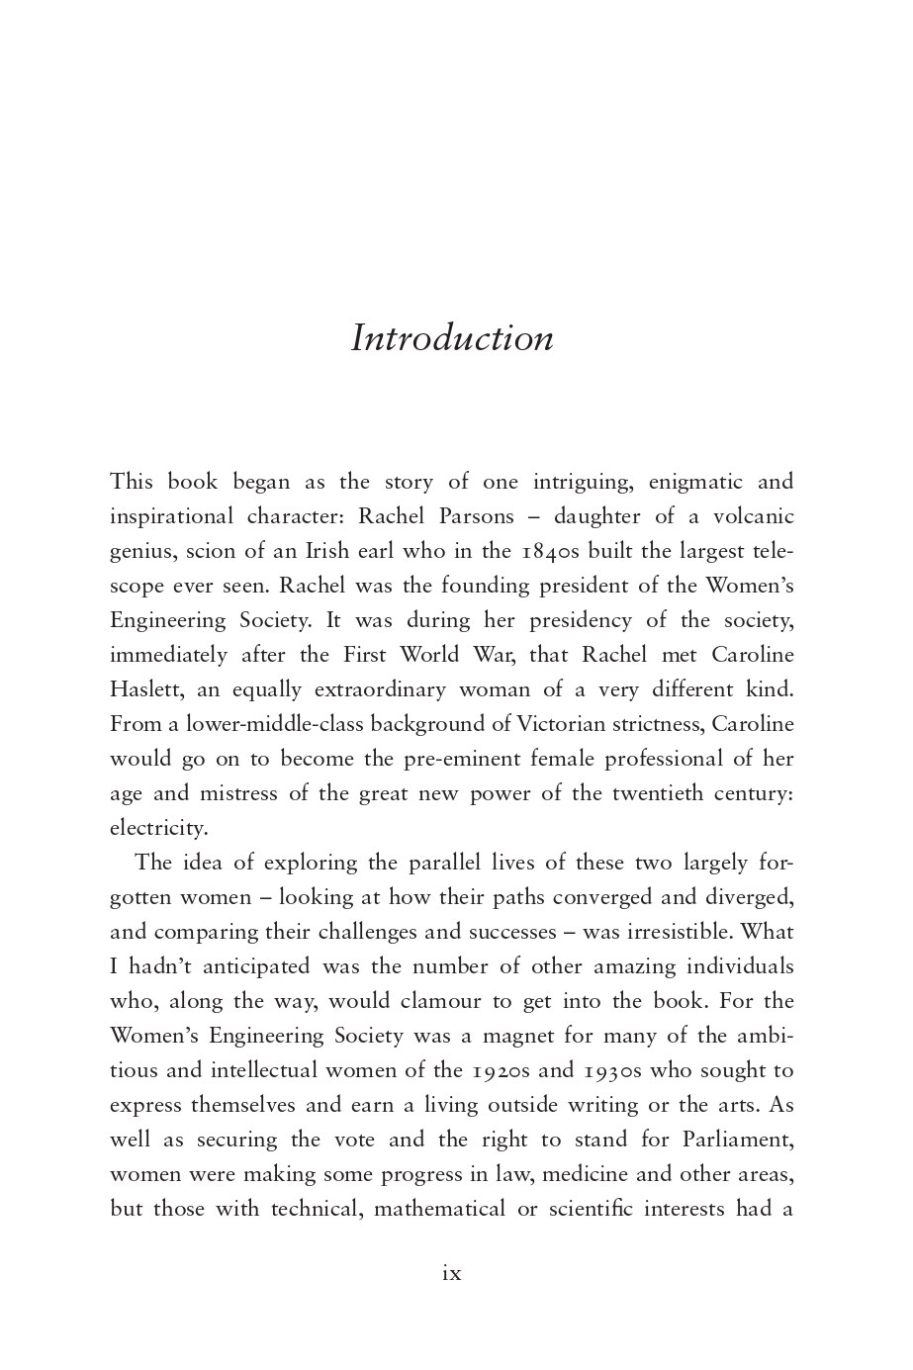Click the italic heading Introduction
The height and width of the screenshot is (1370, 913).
tap(452, 338)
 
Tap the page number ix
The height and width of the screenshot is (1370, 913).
tap(451, 1273)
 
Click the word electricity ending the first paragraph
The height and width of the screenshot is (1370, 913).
tap(158, 828)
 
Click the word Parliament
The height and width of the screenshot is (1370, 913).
tap(737, 1140)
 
